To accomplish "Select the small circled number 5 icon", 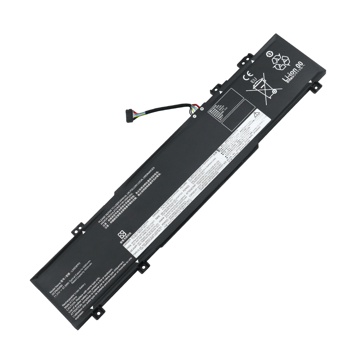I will [269, 55].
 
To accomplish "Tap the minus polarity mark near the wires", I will [194, 116].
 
